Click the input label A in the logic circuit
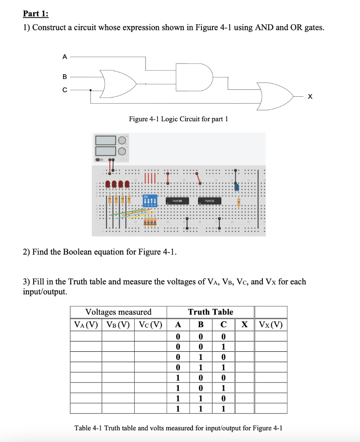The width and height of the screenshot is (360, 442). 65,56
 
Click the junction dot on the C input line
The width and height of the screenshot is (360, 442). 90,91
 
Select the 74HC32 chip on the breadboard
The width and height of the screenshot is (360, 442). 209,200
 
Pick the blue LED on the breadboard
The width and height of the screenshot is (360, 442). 237,187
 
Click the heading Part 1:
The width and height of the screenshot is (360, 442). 36,13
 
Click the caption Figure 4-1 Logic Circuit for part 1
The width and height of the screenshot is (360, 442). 178,119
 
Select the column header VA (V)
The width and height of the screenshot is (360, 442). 86,325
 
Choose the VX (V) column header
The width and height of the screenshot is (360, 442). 271,325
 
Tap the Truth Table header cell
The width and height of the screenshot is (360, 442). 210,312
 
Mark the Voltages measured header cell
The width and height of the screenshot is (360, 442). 119,312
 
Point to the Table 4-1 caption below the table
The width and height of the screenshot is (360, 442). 178,428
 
